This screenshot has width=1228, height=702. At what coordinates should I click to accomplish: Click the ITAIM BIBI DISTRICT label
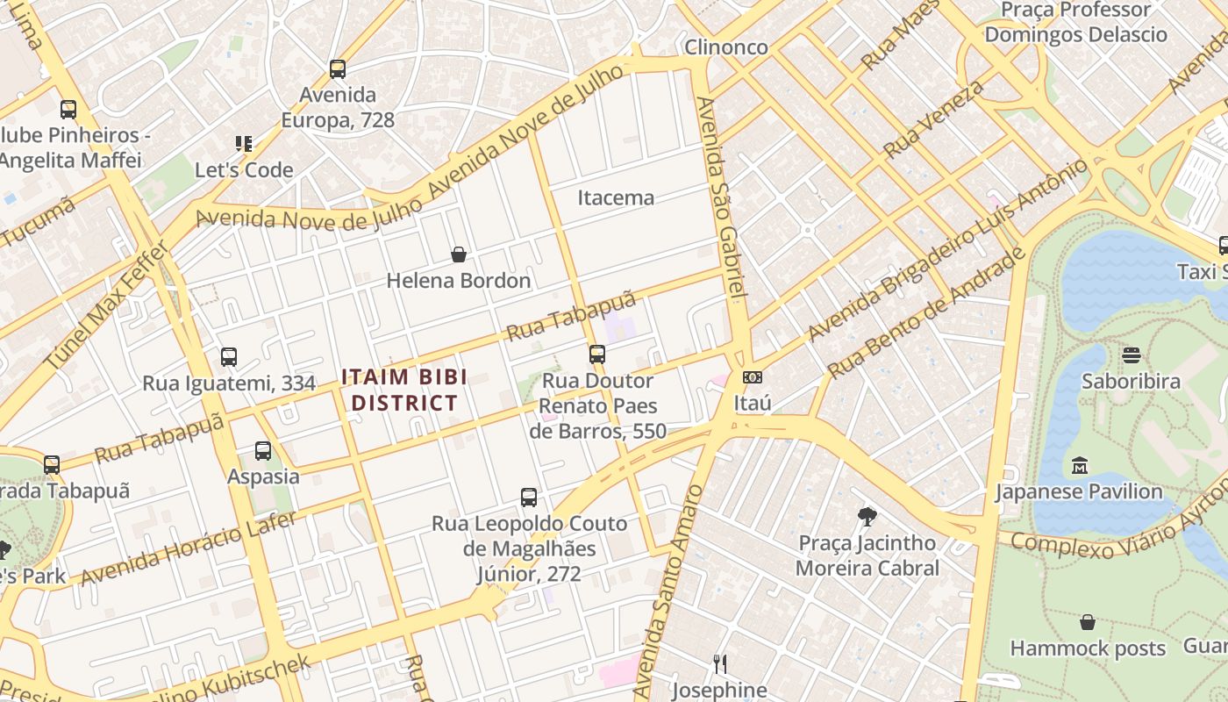[x=403, y=390]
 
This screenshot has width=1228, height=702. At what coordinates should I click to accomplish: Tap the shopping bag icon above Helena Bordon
[x=458, y=254]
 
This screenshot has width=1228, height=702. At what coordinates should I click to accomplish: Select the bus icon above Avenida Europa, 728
[x=337, y=68]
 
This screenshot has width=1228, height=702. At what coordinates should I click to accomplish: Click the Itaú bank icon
[x=752, y=377]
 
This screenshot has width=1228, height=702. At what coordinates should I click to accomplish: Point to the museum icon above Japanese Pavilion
[x=1080, y=465]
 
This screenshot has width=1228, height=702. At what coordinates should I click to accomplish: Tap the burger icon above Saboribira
[x=1131, y=355]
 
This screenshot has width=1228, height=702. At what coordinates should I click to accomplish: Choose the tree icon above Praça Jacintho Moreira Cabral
[x=867, y=516]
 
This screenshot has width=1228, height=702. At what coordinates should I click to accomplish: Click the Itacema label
[x=616, y=197]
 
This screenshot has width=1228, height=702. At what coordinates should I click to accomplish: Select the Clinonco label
[x=726, y=47]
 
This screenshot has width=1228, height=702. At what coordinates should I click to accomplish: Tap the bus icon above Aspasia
[x=262, y=451]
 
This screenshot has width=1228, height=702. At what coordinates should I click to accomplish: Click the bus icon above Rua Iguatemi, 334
[x=228, y=357]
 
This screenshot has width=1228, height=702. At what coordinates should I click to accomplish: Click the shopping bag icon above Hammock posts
[x=1088, y=622]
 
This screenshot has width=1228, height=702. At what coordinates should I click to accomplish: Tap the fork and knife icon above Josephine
[x=719, y=663]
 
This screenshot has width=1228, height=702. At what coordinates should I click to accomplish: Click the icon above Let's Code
[x=243, y=143]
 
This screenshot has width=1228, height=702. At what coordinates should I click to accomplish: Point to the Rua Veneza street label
[x=933, y=118]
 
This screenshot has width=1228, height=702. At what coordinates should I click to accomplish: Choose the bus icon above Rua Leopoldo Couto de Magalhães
[x=528, y=498]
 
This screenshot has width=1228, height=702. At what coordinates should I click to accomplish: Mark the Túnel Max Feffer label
[x=107, y=305]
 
